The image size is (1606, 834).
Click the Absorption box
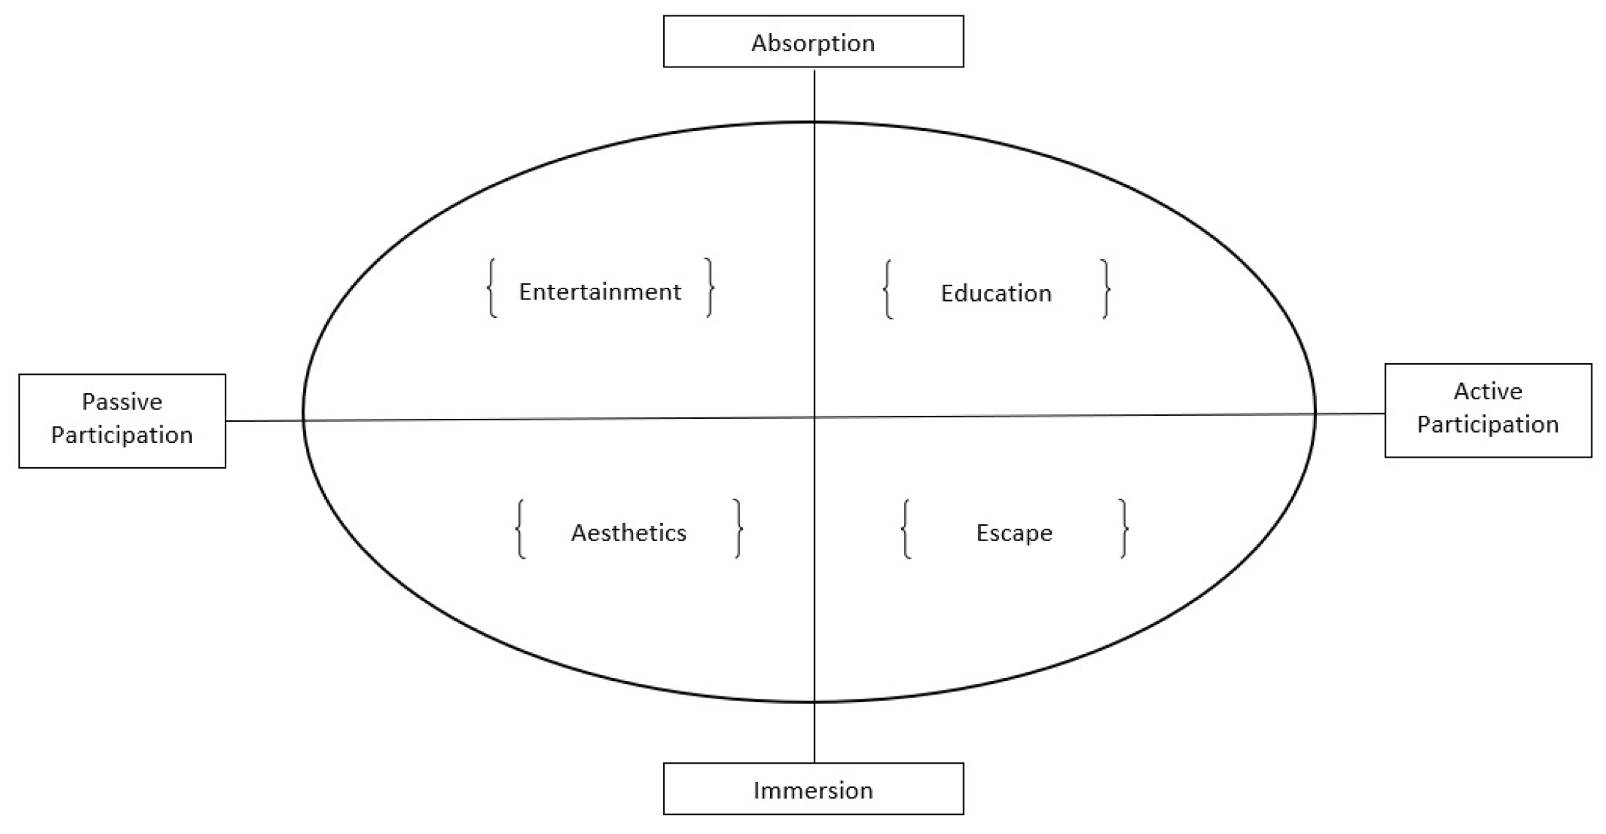(813, 42)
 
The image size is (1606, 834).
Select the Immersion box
(813, 789)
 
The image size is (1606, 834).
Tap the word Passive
(122, 402)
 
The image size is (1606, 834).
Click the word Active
(1487, 392)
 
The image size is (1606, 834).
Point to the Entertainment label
(600, 292)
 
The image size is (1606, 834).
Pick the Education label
(996, 294)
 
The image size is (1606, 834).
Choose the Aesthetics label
(628, 533)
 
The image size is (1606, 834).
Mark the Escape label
(1014, 533)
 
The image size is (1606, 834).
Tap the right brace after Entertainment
(709, 287)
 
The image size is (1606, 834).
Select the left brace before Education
(888, 288)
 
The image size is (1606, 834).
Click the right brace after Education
(1105, 288)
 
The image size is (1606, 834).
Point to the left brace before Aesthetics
(520, 529)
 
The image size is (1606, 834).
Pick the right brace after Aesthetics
(739, 529)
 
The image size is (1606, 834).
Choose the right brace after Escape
(1124, 529)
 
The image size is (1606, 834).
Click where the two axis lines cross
(815, 417)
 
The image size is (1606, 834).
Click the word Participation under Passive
(122, 435)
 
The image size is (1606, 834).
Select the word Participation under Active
(1487, 425)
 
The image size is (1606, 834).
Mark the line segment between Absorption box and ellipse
(815, 95)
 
